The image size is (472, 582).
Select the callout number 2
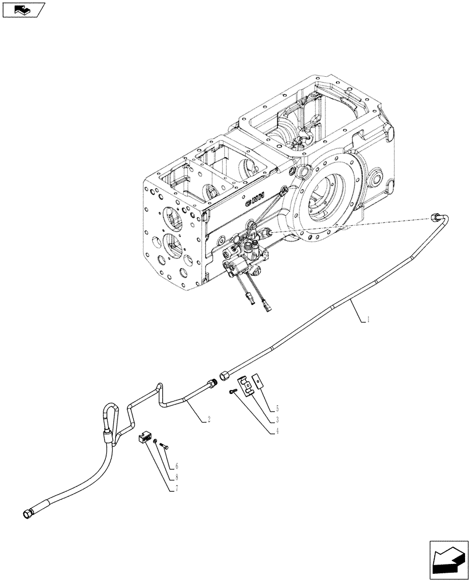coord(208,418)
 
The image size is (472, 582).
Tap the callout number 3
coord(278,419)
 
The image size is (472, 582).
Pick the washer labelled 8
coord(157,443)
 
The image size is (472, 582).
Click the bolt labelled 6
coord(163,447)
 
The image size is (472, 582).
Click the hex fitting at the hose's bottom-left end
coord(28,513)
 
